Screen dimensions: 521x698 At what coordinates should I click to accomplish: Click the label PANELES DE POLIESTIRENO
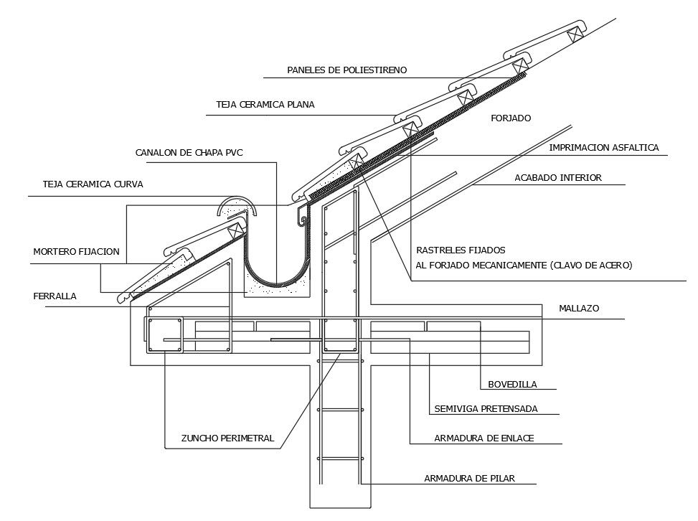click(x=347, y=70)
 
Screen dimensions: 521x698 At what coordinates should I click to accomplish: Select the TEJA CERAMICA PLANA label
click(x=265, y=105)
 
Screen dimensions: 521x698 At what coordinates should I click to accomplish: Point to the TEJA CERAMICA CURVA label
click(x=93, y=184)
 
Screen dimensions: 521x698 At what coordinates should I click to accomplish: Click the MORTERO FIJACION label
click(x=76, y=252)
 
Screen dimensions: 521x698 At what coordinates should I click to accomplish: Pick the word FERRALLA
click(x=55, y=296)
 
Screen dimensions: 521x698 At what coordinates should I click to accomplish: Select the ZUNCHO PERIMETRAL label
click(x=227, y=438)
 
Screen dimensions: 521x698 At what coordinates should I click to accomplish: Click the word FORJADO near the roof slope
click(x=511, y=118)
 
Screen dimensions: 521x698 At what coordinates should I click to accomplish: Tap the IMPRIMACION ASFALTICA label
click(x=603, y=148)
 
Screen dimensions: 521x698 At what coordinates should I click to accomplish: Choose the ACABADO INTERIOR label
click(x=558, y=177)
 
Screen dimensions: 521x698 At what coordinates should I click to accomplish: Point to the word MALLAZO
click(x=579, y=309)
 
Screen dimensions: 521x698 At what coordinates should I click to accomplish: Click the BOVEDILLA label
click(x=512, y=384)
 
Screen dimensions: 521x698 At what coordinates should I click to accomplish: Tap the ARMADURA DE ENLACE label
click(x=484, y=438)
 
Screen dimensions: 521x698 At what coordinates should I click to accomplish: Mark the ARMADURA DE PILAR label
click(x=469, y=478)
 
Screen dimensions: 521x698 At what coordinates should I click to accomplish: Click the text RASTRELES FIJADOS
click(x=461, y=250)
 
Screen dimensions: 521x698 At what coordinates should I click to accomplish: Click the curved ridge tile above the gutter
click(x=236, y=206)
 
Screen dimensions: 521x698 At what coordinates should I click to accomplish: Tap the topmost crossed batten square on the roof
click(x=575, y=34)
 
